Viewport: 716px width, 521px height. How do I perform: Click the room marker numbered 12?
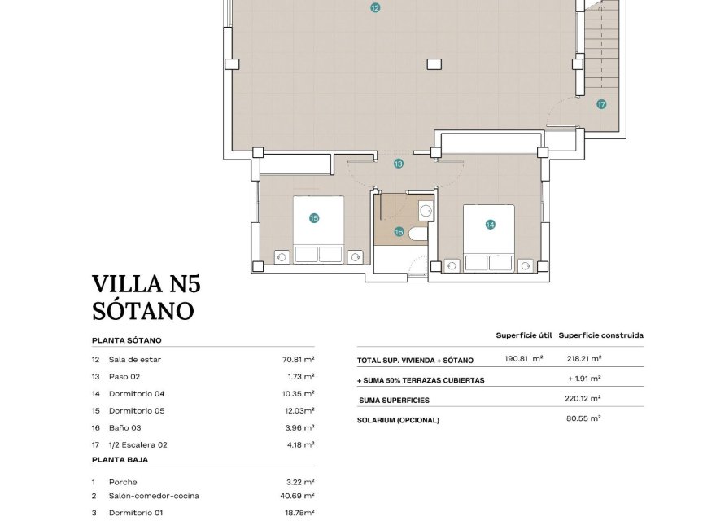(x=374, y=7)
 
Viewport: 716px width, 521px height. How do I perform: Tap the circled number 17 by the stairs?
(x=600, y=104)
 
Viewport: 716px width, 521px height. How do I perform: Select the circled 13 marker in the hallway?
(x=399, y=164)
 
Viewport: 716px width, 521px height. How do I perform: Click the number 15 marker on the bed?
(x=314, y=217)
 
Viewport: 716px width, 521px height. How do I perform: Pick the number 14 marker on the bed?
(x=490, y=225)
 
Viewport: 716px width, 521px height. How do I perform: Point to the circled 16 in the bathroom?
(x=399, y=231)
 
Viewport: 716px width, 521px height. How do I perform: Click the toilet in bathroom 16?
(x=418, y=235)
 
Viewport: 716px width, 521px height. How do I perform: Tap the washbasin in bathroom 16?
(x=426, y=211)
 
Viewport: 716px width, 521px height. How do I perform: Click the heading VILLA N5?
(x=146, y=284)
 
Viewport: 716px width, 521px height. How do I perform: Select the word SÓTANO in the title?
(x=142, y=311)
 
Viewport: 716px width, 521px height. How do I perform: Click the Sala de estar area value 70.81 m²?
(x=298, y=359)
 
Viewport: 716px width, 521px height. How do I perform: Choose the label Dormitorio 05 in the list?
(x=137, y=411)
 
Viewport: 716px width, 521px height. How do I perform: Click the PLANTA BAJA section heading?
(x=120, y=459)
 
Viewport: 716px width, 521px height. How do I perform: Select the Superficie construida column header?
(x=600, y=335)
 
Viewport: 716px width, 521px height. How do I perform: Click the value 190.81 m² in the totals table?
(x=523, y=359)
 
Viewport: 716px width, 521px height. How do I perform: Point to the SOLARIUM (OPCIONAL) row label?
(x=398, y=420)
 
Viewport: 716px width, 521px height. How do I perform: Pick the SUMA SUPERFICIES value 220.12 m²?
(x=583, y=399)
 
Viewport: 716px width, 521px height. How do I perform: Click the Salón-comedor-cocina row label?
(x=154, y=496)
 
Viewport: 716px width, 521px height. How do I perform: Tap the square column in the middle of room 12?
(x=434, y=63)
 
